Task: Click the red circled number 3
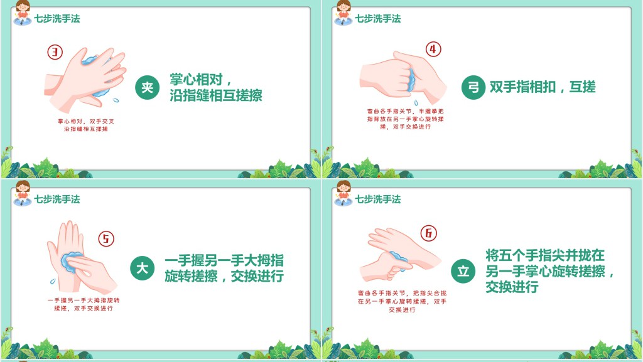coord(55,52)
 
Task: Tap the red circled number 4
coord(433,49)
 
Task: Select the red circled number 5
coord(106,238)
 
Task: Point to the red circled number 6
coord(428,233)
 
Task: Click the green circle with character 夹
coord(147,87)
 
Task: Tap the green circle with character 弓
coord(473,87)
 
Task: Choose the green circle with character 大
coord(143,269)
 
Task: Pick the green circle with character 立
coord(463,270)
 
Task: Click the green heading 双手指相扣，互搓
coord(543,87)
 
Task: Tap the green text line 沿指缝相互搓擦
coord(216,95)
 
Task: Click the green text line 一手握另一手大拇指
coord(224,260)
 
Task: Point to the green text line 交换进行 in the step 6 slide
coord(512,287)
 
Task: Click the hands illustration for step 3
coord(85,80)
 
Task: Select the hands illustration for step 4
coord(403,77)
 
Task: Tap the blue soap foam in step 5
coord(72,262)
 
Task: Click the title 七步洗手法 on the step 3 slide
coord(57,18)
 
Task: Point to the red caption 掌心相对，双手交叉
coord(85,121)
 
